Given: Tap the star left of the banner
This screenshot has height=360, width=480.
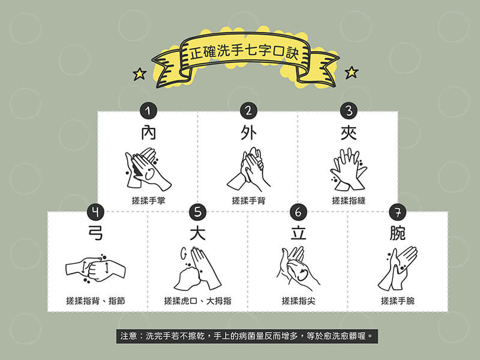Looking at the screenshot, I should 140,74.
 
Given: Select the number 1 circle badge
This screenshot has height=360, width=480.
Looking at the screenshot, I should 148,110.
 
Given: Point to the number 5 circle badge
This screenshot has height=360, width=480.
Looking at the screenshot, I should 197,212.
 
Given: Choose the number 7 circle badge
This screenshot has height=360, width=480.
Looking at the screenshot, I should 397,212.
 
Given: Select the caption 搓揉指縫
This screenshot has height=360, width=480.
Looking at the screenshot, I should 348,200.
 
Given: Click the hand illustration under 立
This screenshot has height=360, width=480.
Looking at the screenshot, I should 297,268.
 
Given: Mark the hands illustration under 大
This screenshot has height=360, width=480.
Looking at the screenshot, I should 197,268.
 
